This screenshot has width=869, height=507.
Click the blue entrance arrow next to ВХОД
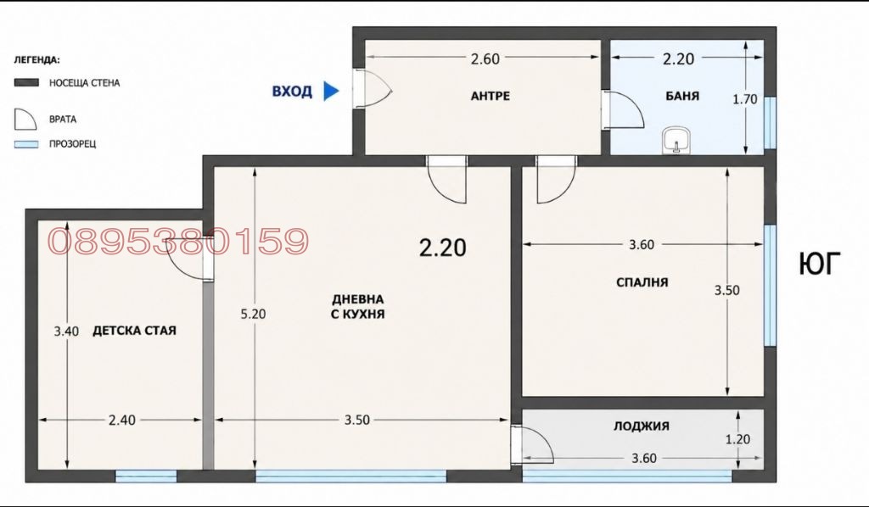click(x=331, y=91)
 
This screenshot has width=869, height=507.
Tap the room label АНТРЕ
click(x=490, y=97)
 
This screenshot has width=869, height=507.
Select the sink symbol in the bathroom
click(x=676, y=140)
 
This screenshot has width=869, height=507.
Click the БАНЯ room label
click(x=682, y=97)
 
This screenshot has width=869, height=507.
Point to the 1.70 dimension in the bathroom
click(x=744, y=100)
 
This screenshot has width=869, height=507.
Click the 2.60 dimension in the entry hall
click(x=485, y=58)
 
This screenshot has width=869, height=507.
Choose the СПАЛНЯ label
click(x=642, y=282)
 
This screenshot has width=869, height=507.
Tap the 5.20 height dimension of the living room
click(x=253, y=314)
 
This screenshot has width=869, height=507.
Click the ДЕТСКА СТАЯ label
click(x=134, y=331)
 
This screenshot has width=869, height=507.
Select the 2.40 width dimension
click(x=121, y=421)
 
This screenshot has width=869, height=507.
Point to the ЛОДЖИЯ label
click(x=642, y=426)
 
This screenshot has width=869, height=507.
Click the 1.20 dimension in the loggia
click(x=737, y=439)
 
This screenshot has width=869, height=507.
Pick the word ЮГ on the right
click(x=820, y=264)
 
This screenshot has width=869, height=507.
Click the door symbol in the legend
click(x=25, y=120)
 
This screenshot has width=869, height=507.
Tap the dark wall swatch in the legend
click(x=26, y=82)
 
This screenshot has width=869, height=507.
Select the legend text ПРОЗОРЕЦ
click(x=73, y=144)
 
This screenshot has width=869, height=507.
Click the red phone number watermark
click(x=178, y=242)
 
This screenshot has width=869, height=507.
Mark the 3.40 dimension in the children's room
click(x=66, y=331)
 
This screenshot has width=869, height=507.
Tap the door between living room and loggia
click(x=532, y=445)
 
